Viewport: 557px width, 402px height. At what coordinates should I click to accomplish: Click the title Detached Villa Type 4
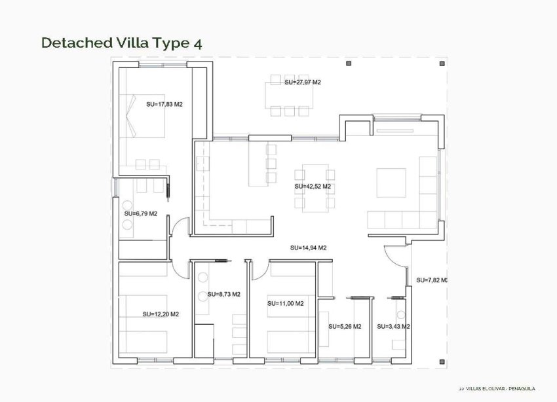[x=121, y=43]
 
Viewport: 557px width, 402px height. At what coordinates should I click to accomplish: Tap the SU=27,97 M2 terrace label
[x=303, y=82]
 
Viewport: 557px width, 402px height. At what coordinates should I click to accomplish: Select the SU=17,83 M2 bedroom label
[x=164, y=103]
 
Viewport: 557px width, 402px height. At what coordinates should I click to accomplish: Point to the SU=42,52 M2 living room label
[x=313, y=187]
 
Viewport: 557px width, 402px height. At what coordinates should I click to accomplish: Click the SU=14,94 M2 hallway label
[x=308, y=248]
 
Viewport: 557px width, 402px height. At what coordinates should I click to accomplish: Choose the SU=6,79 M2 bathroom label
[x=141, y=213]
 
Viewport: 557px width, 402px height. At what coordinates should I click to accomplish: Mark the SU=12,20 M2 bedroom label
[x=161, y=314]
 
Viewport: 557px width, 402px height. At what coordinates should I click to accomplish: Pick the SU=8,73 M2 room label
[x=223, y=295]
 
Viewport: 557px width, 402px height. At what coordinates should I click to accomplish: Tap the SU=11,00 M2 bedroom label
[x=285, y=304]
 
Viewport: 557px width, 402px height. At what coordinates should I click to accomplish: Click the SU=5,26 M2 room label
[x=345, y=327]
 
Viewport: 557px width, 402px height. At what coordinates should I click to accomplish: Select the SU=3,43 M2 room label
[x=393, y=327]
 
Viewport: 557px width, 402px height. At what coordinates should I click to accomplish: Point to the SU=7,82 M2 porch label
[x=432, y=280]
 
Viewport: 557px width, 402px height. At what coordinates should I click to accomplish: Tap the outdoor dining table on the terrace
[x=289, y=96]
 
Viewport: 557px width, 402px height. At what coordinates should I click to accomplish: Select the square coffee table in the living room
[x=391, y=180]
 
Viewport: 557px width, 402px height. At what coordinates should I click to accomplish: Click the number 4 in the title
[x=197, y=43]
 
